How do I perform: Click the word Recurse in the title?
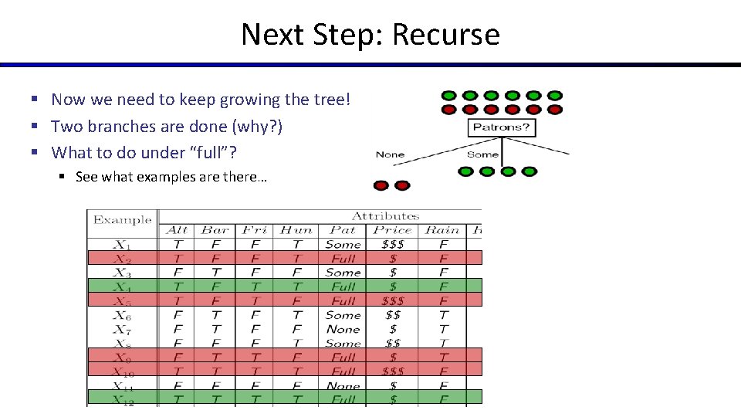[x=446, y=35]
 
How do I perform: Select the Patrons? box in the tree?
[x=502, y=127]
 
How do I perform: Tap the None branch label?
[x=390, y=154]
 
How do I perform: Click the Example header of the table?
[x=122, y=220]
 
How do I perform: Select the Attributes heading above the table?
[x=385, y=216]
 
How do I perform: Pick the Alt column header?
[x=177, y=230]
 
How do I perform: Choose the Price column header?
[x=393, y=230]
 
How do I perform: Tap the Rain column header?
[x=442, y=230]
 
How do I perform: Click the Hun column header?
[x=296, y=230]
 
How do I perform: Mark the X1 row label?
[x=122, y=244]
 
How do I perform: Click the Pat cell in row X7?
[x=343, y=329]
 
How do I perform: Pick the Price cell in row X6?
[x=393, y=315]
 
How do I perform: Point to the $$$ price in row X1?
[x=393, y=244]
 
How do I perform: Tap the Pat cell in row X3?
[x=343, y=273]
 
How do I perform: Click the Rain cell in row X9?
[x=442, y=358]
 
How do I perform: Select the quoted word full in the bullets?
[x=198, y=152]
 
